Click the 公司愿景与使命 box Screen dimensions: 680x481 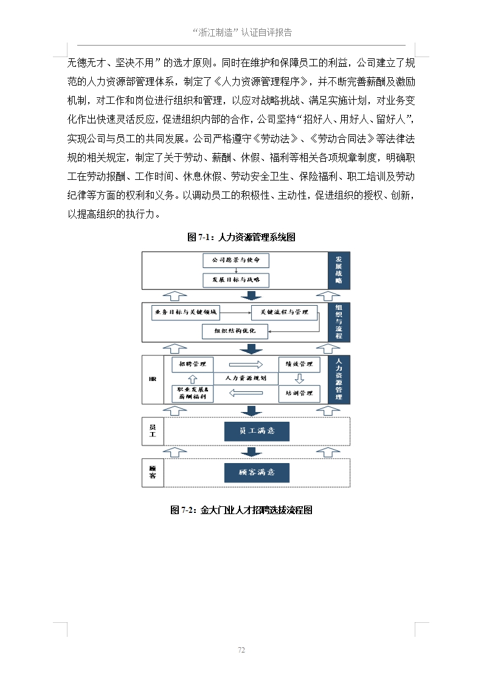(x=235, y=260)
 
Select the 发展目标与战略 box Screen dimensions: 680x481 (x=235, y=280)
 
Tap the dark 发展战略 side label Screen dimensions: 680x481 (x=339, y=270)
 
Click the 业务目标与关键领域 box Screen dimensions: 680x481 (x=185, y=312)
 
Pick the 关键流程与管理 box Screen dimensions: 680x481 (x=285, y=312)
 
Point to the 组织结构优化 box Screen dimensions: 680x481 (x=235, y=331)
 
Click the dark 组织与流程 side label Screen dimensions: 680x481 (x=339, y=323)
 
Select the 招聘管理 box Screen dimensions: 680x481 (x=193, y=364)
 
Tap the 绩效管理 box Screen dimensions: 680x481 (x=299, y=364)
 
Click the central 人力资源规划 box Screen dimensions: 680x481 (x=246, y=378)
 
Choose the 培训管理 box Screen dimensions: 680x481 (x=299, y=393)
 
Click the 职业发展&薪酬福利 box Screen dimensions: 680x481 (x=193, y=393)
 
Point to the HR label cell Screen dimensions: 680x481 (x=153, y=379)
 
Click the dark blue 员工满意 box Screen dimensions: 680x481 (x=257, y=431)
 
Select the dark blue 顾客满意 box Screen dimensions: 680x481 (x=257, y=472)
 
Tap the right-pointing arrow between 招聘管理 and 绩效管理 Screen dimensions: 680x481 (x=246, y=365)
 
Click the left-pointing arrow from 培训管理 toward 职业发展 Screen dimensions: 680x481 (x=246, y=393)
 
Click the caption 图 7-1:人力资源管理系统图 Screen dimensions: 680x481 (x=241, y=237)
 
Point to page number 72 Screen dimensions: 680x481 (x=241, y=650)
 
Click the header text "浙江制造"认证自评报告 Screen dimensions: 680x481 (x=241, y=33)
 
